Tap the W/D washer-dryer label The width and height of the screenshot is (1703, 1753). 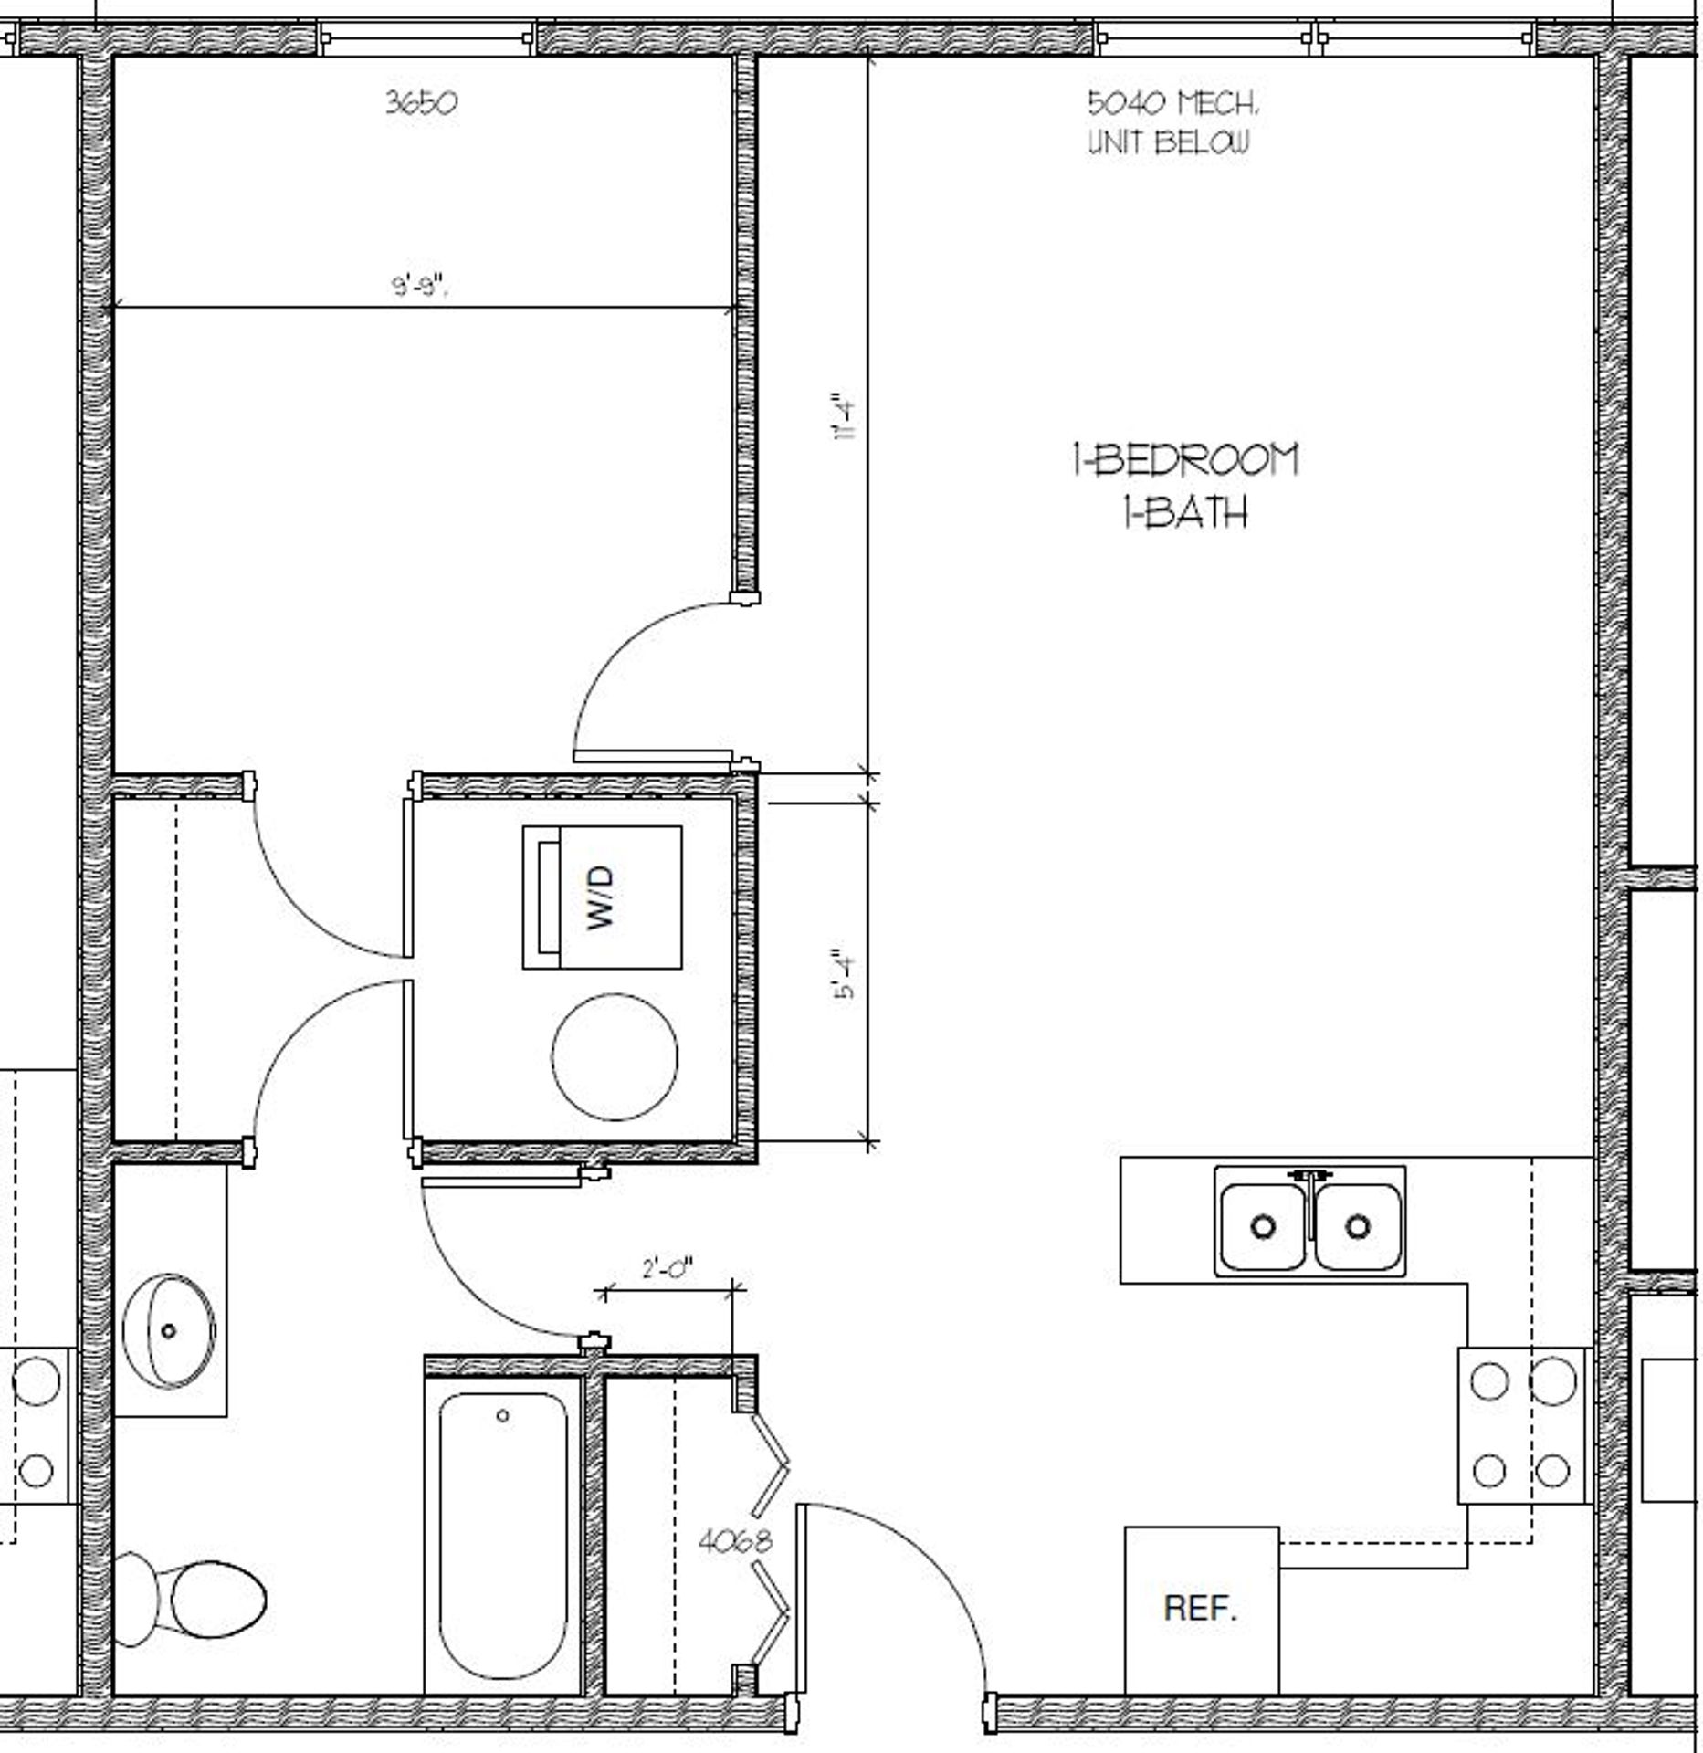[601, 897]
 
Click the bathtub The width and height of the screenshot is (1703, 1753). [502, 1534]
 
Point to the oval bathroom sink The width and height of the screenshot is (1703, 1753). [169, 1331]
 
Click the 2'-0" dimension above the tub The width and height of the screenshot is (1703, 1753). [668, 1268]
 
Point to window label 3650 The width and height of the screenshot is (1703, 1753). [421, 102]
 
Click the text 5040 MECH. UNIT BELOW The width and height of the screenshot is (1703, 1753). [1172, 122]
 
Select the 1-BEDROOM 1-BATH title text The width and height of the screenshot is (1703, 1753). [1184, 486]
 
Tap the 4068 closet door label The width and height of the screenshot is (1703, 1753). [734, 1542]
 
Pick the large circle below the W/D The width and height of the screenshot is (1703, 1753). [615, 1056]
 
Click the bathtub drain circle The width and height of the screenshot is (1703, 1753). [502, 1416]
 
